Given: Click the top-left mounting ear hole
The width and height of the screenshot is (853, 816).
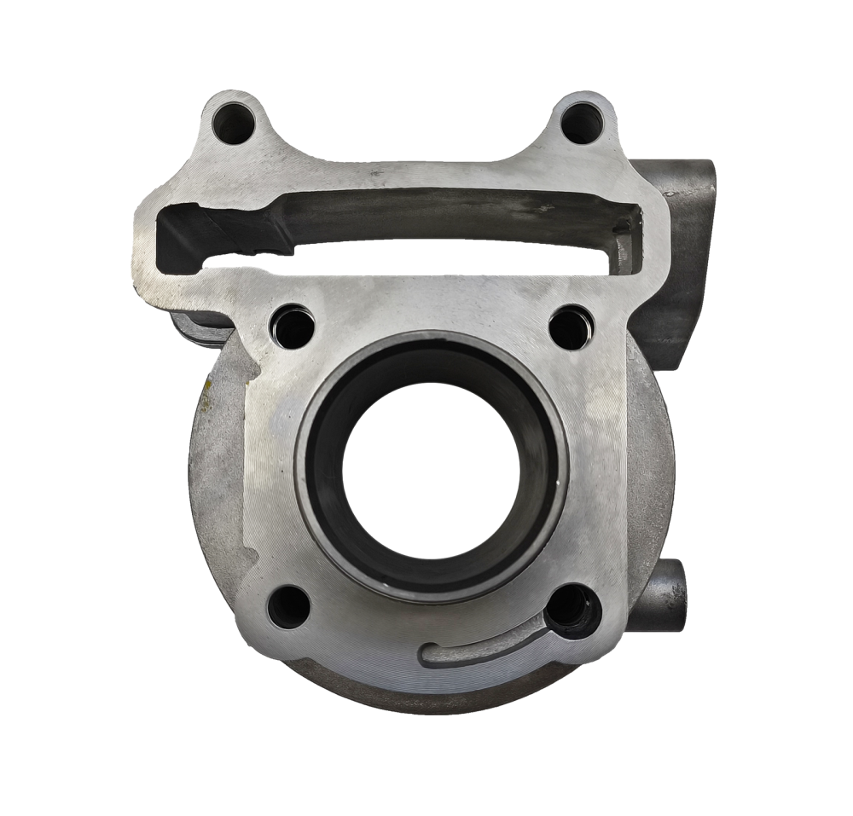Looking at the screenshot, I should coord(233,124).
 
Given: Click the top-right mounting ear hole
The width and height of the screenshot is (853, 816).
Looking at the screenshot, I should coord(582,124).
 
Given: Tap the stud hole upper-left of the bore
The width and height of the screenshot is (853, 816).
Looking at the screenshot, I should coord(292,327).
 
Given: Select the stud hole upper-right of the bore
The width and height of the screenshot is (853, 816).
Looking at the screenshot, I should coord(571,327).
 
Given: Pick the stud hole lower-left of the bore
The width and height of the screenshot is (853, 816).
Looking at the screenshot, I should coord(288,607).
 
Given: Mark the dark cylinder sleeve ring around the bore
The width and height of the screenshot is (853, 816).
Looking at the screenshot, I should coord(324,465).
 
